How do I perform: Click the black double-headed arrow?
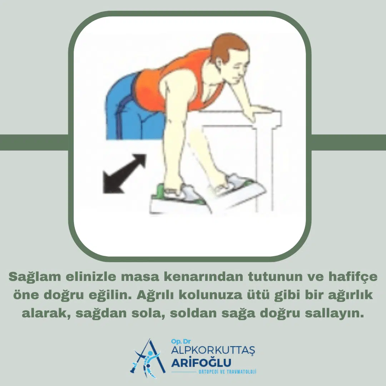point(124,174)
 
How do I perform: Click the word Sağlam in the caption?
point(35,277)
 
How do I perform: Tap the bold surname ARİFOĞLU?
point(201,363)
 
